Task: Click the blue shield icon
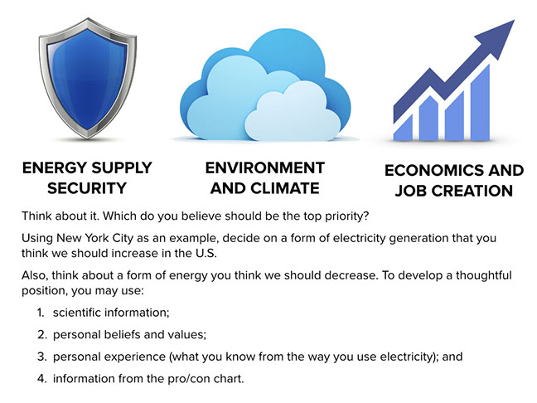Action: click(x=88, y=78)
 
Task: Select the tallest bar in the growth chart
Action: click(x=480, y=102)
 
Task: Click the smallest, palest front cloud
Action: click(x=293, y=112)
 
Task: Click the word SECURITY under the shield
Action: click(x=87, y=188)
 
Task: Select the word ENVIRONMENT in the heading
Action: click(x=264, y=168)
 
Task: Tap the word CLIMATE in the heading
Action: click(x=285, y=188)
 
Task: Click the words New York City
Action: click(x=94, y=238)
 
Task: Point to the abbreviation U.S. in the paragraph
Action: click(x=206, y=253)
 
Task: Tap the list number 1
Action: click(x=41, y=313)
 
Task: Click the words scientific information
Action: click(x=111, y=313)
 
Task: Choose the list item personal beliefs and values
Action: click(x=129, y=334)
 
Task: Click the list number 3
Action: click(x=41, y=357)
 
